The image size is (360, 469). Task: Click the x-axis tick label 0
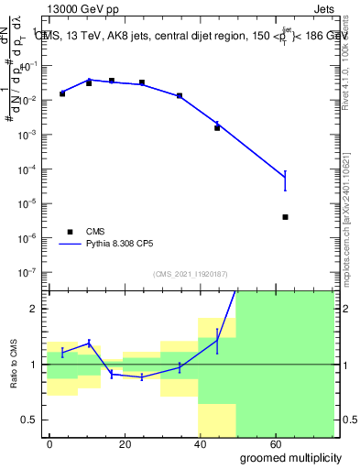pyautogui.click(x=49, y=444)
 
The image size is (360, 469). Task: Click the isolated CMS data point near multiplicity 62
pyautogui.click(x=286, y=217)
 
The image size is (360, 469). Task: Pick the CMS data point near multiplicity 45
pyautogui.click(x=217, y=127)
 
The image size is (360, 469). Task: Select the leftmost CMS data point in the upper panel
pyautogui.click(x=62, y=93)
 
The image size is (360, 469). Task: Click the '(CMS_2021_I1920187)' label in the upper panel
pyautogui.click(x=191, y=274)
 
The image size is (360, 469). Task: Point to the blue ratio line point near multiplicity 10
pyautogui.click(x=89, y=343)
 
